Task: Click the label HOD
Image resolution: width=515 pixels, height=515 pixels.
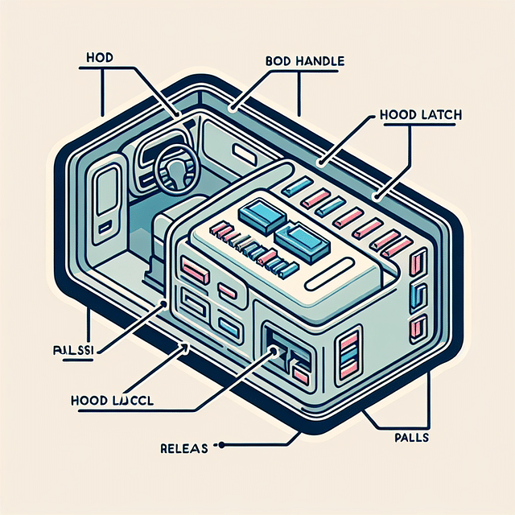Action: coord(97,58)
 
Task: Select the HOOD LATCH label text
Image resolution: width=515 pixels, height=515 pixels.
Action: coord(419,115)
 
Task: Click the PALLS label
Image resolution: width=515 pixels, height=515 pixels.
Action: coord(411,438)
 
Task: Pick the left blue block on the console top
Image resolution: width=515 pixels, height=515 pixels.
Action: coord(261,213)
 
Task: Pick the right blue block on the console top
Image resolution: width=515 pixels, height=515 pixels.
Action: coord(299,241)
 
